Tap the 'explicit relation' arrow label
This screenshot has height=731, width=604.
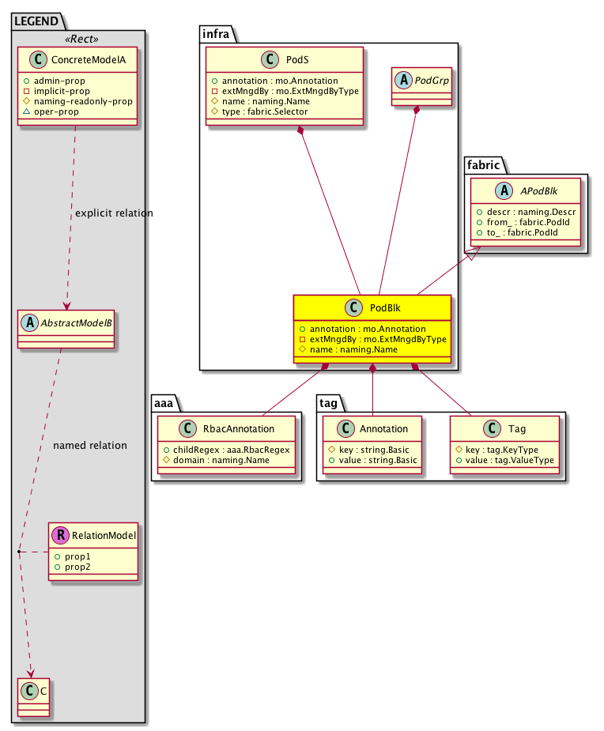point(114,213)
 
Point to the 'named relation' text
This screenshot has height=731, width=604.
point(90,445)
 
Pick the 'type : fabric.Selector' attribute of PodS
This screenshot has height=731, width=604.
point(264,111)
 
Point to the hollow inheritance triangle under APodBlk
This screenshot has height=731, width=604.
point(470,254)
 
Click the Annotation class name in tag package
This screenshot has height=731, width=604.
point(383,429)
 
